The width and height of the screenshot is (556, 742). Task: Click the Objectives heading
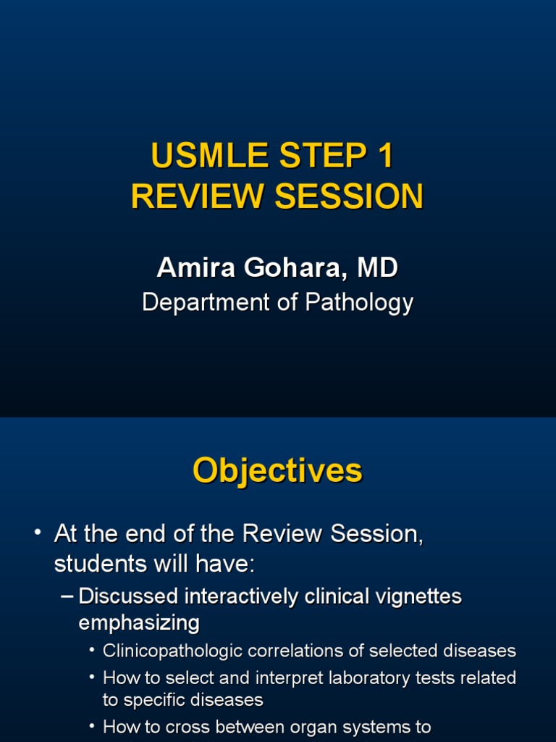(x=277, y=471)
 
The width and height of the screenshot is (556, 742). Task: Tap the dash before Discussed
(x=67, y=596)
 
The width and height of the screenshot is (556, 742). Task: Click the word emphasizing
(x=138, y=622)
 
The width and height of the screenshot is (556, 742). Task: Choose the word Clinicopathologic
(x=173, y=651)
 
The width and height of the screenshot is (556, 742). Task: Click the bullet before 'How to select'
(x=92, y=678)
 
